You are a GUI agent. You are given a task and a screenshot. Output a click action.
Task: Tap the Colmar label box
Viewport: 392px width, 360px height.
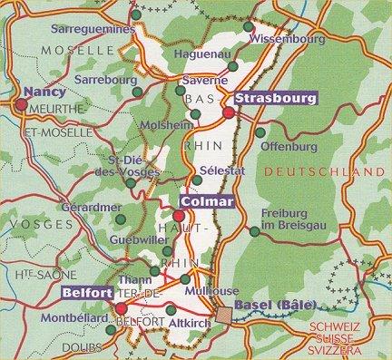(207, 201)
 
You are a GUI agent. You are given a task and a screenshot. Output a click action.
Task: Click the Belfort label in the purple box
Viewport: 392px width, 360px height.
(87, 294)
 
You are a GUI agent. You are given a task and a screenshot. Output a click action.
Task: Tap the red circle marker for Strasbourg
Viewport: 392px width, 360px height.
(229, 112)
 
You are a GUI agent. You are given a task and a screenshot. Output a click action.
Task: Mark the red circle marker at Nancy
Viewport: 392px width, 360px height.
(19, 104)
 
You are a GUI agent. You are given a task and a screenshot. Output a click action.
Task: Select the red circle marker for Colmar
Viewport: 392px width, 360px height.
(180, 216)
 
